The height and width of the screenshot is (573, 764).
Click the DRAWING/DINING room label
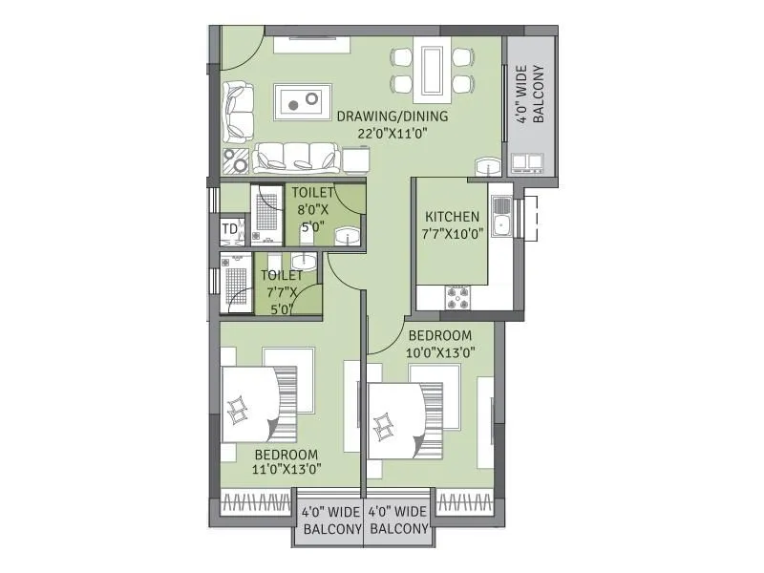pos(392,117)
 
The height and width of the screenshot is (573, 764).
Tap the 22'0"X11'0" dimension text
pos(392,134)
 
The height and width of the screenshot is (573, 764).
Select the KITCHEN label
pos(453,217)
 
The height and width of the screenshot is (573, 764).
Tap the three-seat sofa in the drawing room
pos(296,156)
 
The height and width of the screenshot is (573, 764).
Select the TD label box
pos(229,229)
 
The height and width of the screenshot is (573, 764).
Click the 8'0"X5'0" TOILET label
pos(313,209)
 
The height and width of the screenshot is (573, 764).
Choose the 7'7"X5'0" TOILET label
pos(281,292)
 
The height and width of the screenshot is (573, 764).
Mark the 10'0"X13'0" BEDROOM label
pos(441,344)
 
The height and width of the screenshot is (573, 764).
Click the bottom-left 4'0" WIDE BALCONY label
pos(330,520)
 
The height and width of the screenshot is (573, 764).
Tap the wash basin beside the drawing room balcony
pos(489,165)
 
